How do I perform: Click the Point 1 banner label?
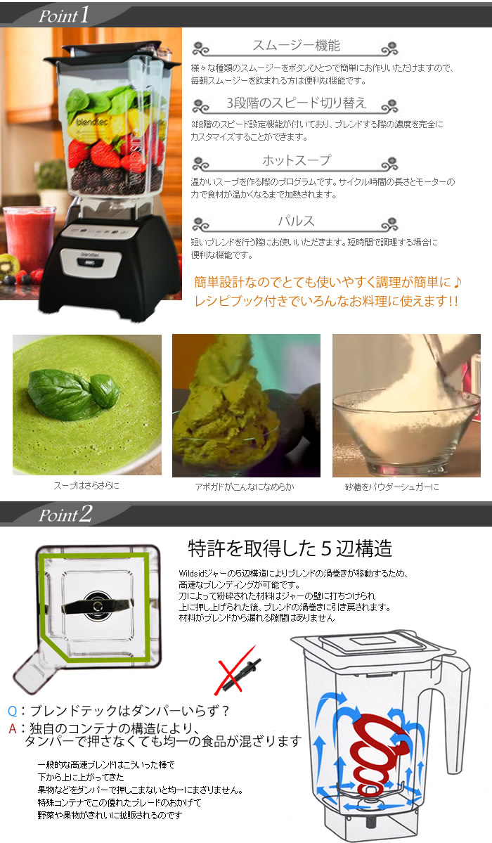point(63,15)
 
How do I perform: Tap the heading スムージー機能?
point(296,46)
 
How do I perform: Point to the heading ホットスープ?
point(296,161)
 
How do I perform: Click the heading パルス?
point(296,221)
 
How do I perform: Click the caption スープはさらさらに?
point(86,487)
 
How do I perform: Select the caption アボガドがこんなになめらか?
point(246,487)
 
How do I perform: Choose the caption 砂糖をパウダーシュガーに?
point(406,487)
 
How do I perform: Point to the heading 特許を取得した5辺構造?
point(290,548)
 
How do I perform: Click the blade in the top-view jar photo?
point(95,604)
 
